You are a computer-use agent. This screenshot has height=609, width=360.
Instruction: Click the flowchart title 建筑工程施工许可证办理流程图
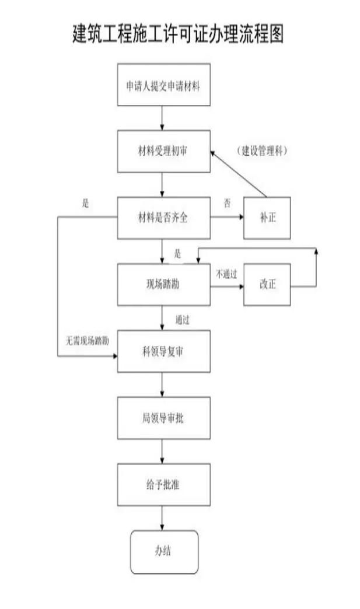click(x=178, y=34)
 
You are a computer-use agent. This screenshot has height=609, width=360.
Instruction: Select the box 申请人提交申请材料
click(x=163, y=85)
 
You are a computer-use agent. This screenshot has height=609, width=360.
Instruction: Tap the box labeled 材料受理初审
click(x=163, y=151)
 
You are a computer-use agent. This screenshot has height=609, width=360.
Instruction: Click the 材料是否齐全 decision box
click(x=163, y=218)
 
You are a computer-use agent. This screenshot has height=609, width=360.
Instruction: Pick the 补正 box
click(x=267, y=218)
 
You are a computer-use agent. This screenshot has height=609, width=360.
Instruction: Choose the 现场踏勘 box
click(x=163, y=285)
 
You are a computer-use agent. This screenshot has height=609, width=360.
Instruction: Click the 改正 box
click(x=267, y=285)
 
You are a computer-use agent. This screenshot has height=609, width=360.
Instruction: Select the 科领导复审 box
click(x=163, y=352)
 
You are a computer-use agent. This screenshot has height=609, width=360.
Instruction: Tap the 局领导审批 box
click(x=163, y=418)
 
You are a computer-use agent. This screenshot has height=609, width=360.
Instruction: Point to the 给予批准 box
click(x=163, y=484)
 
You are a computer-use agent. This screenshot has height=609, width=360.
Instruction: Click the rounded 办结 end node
click(x=163, y=551)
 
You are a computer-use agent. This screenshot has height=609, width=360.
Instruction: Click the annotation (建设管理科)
click(x=264, y=150)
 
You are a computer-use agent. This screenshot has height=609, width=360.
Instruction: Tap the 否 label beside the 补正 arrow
click(x=227, y=203)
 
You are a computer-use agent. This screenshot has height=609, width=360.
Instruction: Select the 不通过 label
click(x=226, y=274)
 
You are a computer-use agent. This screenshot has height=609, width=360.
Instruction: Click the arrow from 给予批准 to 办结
click(x=163, y=517)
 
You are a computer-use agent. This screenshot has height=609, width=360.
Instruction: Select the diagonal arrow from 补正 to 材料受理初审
click(x=239, y=174)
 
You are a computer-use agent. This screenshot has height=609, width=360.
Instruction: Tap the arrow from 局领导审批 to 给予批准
click(x=163, y=451)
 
